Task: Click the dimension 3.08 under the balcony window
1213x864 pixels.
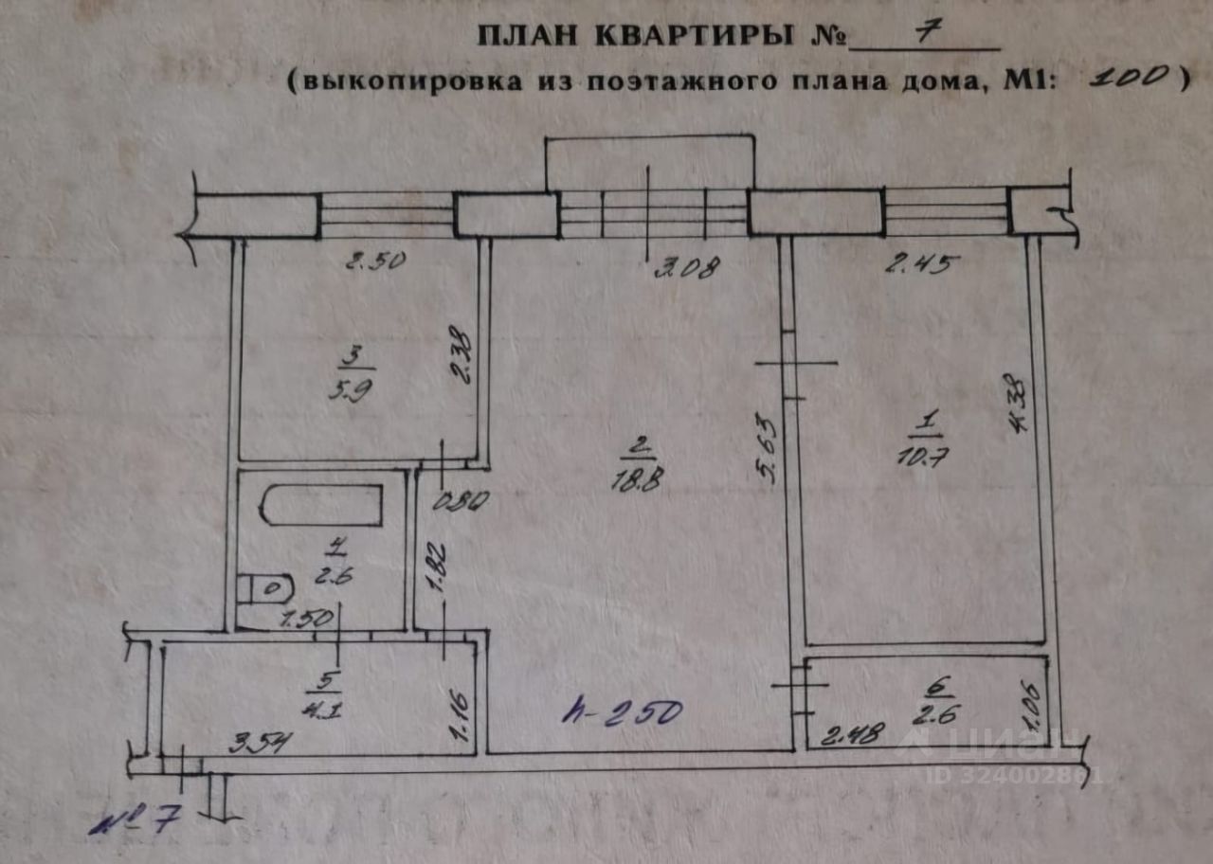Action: [687, 267]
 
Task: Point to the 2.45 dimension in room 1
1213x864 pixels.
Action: [917, 264]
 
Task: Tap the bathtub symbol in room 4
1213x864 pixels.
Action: [323, 505]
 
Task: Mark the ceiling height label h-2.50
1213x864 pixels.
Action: [622, 711]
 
